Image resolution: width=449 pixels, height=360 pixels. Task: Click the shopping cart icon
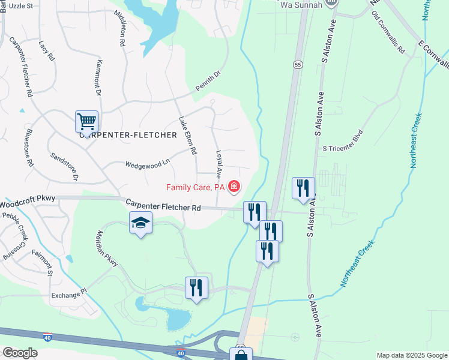coord(86,122)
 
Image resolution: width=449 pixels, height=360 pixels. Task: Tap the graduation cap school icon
coord(140,223)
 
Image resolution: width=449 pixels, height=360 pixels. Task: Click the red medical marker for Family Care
coord(233,188)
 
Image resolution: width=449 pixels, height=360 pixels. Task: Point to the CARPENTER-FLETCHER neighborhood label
coord(128,135)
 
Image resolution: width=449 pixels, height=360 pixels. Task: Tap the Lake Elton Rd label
coord(187,136)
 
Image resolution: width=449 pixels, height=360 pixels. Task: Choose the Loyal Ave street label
coord(218,164)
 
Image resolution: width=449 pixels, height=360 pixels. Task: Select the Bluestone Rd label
coord(29,146)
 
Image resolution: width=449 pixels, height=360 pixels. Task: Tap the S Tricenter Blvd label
coord(343,148)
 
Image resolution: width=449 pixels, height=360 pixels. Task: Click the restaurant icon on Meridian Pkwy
coord(196,288)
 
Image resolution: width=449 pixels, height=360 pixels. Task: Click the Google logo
coord(20,353)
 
